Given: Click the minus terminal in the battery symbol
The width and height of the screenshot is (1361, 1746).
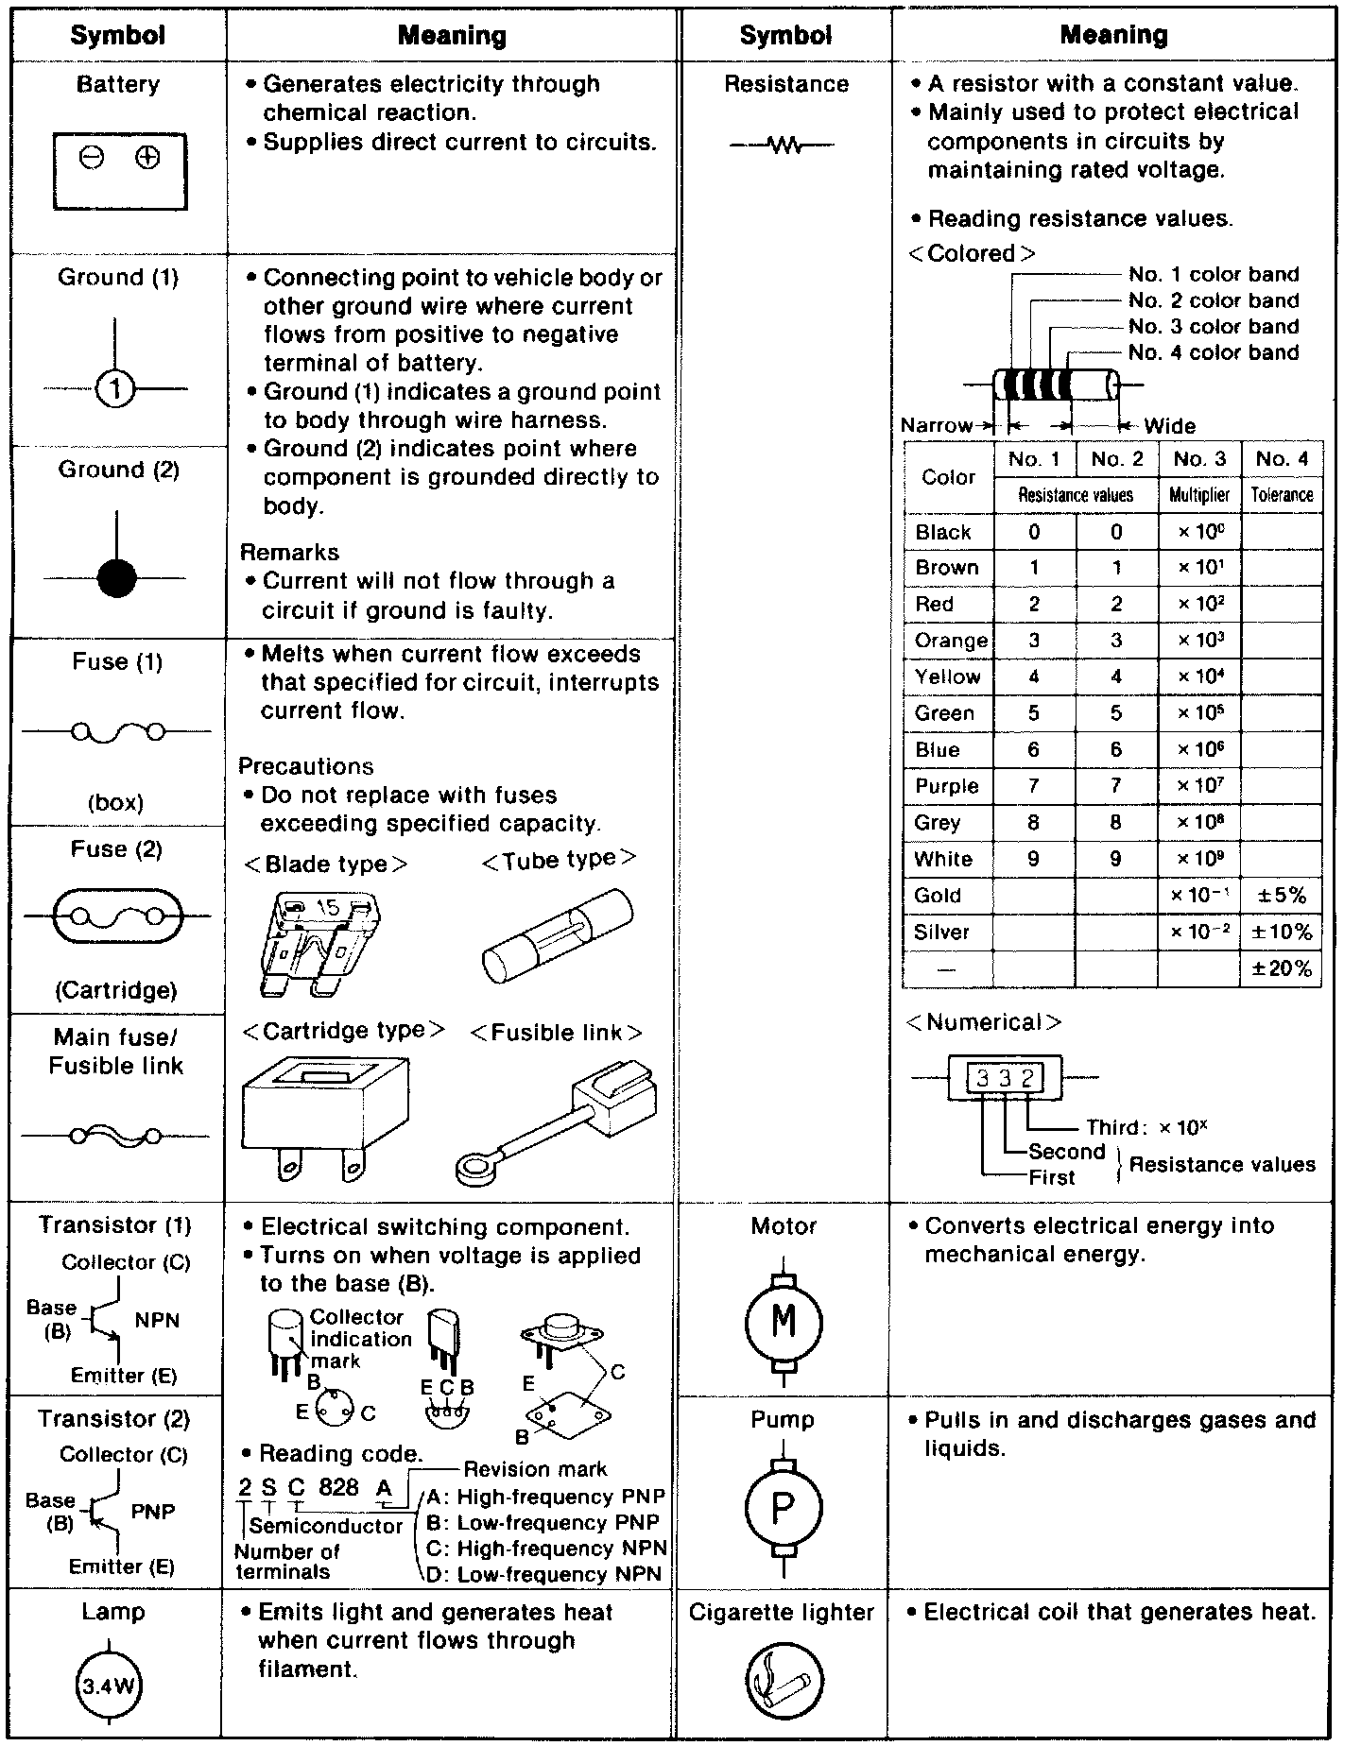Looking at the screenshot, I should point(92,159).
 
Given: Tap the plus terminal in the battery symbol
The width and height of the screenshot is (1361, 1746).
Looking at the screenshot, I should point(146,158).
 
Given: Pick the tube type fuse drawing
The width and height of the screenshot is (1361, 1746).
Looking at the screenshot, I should point(557,936).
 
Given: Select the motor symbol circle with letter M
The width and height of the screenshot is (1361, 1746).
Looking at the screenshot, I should point(784,1322).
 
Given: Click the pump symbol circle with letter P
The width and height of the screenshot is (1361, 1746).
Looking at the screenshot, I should point(783,1508).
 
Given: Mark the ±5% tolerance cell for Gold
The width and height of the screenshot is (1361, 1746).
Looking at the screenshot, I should point(1281,895).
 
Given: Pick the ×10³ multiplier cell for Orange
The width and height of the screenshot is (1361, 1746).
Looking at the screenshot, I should point(1199,641).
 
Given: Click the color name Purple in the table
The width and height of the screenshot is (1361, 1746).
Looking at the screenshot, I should point(946,786).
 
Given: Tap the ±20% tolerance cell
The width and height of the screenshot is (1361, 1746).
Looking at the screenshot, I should point(1281,968).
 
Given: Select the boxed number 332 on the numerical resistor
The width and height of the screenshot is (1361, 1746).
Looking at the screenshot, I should point(1005,1078).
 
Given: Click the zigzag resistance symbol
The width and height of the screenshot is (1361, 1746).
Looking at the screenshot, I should point(784,145).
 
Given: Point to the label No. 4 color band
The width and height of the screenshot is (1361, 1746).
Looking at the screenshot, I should point(1213,352).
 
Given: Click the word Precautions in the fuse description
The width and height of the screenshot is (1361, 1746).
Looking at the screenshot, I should point(305,766).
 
